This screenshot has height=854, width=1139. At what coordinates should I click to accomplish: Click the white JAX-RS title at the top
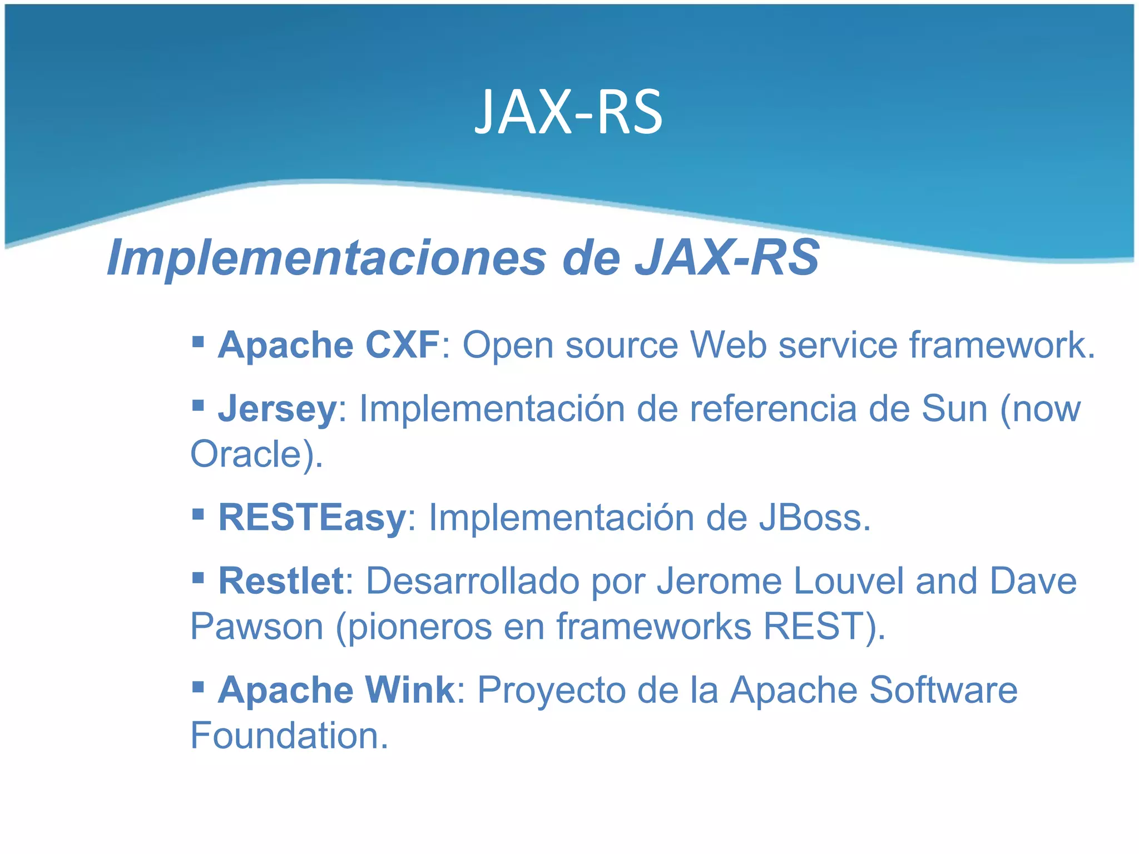568,112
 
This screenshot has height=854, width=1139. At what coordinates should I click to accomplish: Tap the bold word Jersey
277,409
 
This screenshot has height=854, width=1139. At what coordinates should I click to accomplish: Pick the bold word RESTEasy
312,518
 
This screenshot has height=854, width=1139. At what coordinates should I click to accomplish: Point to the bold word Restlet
281,581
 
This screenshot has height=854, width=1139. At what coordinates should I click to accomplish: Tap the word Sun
954,409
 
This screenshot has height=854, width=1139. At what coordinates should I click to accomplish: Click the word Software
943,690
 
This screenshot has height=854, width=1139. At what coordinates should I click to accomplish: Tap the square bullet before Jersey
198,404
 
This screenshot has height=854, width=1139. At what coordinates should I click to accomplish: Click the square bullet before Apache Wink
198,686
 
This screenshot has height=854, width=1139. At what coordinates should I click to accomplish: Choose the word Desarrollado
472,581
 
